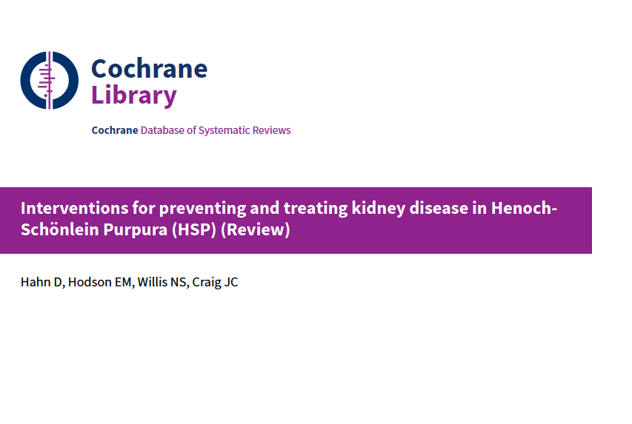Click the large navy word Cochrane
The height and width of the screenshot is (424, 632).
click(149, 69)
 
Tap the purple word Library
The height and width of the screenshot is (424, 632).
click(134, 96)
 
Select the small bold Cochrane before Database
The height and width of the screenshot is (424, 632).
click(115, 130)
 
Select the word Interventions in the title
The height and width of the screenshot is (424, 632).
click(75, 208)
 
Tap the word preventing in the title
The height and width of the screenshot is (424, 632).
click(202, 209)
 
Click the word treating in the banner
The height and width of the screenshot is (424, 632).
click(315, 209)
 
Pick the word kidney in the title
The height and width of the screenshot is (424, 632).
click(378, 209)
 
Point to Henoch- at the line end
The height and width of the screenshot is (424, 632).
click(524, 208)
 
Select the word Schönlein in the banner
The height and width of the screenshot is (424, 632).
click(60, 229)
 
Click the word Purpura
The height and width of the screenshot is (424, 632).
click(136, 230)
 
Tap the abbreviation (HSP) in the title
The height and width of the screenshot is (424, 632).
click(194, 230)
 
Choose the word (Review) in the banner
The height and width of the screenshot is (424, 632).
click(256, 230)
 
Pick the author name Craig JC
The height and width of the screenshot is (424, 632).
click(215, 283)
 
